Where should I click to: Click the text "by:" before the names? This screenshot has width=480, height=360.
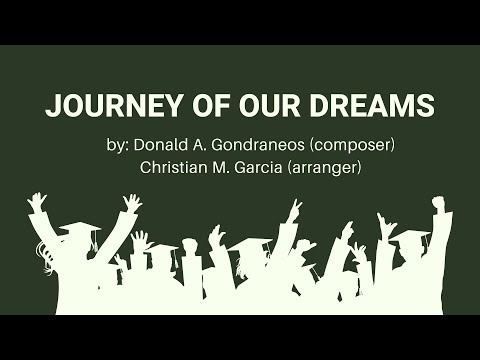[117, 144]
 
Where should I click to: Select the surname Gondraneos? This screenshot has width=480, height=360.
[263, 144]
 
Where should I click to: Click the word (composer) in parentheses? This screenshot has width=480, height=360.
[358, 144]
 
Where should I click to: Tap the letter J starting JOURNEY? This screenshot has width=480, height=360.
[51, 106]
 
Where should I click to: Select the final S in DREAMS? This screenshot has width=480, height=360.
[425, 106]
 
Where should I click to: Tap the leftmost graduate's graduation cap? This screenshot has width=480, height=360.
[77, 230]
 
